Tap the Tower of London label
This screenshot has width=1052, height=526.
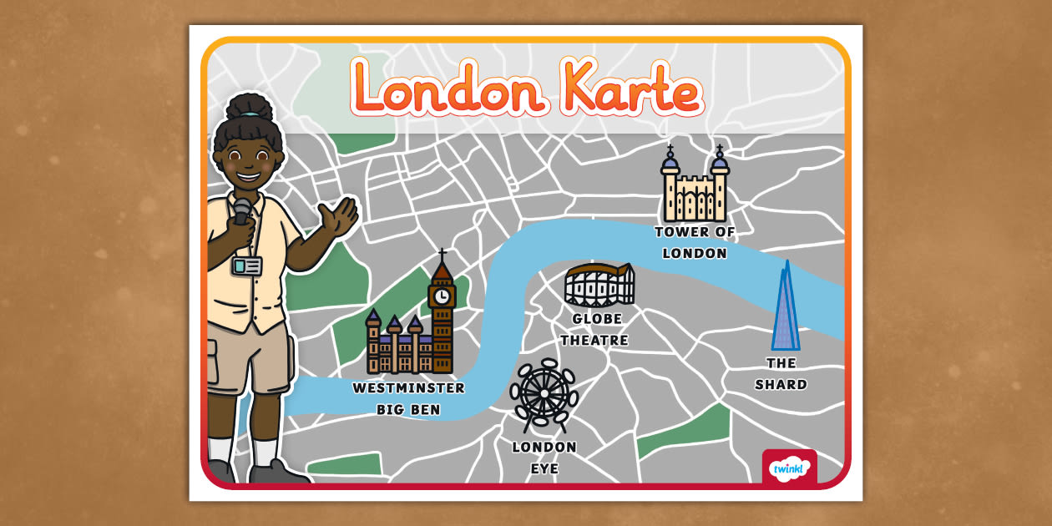click(694, 242)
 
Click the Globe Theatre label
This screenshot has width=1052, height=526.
click(595, 330)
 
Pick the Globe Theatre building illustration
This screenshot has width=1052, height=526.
click(599, 286)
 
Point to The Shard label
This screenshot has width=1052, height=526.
click(781, 374)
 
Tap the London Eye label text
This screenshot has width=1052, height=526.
click(544, 458)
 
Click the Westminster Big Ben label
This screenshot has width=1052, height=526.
click(408, 399)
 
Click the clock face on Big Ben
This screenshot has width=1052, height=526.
click(443, 296)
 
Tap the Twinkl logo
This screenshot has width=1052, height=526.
click(788, 468)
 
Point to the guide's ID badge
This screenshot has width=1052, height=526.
click(247, 266)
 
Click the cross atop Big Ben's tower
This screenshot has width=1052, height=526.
click(443, 253)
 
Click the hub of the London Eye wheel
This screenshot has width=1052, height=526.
click(544, 393)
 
